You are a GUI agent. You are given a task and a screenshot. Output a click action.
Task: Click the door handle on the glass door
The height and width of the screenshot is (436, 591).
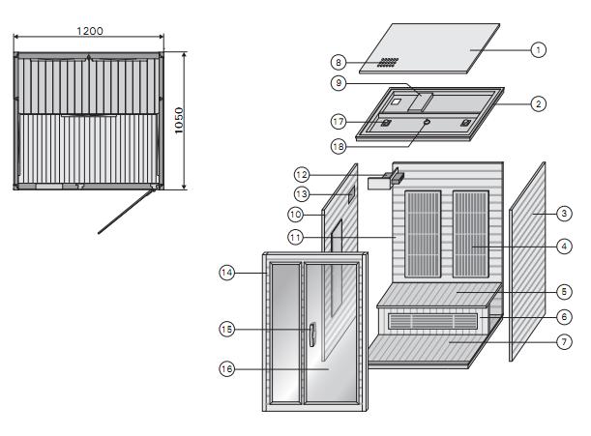[312, 334]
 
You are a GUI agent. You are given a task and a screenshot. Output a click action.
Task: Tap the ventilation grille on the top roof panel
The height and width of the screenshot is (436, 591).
[388, 62]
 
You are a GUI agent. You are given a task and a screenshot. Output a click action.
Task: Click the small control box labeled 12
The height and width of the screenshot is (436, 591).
[389, 177]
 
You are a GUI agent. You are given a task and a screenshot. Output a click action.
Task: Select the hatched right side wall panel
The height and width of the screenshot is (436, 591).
[528, 261]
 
